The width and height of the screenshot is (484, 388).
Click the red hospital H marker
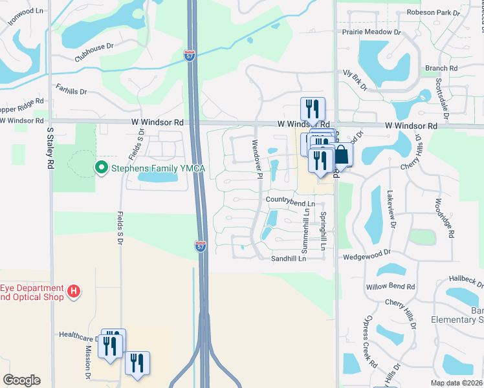pos(74,292)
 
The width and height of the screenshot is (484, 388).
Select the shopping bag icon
pos(341,155)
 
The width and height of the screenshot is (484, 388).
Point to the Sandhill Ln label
pos(287,258)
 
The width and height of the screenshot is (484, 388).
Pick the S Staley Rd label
pos(50,148)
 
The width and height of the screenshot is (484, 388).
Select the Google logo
pos(21,380)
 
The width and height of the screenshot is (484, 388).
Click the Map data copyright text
pos(456,383)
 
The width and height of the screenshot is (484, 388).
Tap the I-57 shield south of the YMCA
pos(201,246)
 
